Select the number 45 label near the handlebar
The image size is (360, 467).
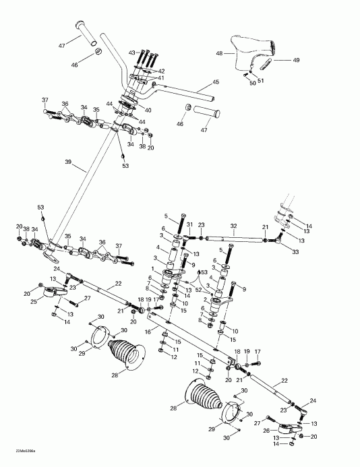[216, 82]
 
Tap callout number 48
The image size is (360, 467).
[219, 53]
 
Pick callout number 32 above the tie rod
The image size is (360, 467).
[233, 226]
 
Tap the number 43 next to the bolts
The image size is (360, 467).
[131, 51]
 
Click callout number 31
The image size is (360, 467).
[190, 225]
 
